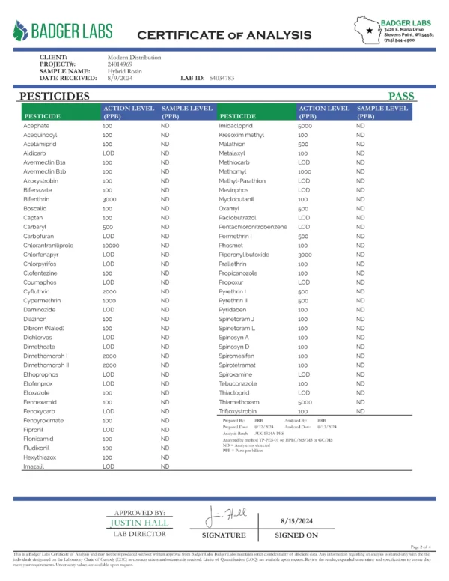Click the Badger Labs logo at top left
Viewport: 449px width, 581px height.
point(63,31)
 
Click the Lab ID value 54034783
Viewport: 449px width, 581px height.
point(222,78)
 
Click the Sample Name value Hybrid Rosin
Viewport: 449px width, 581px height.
point(124,71)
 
